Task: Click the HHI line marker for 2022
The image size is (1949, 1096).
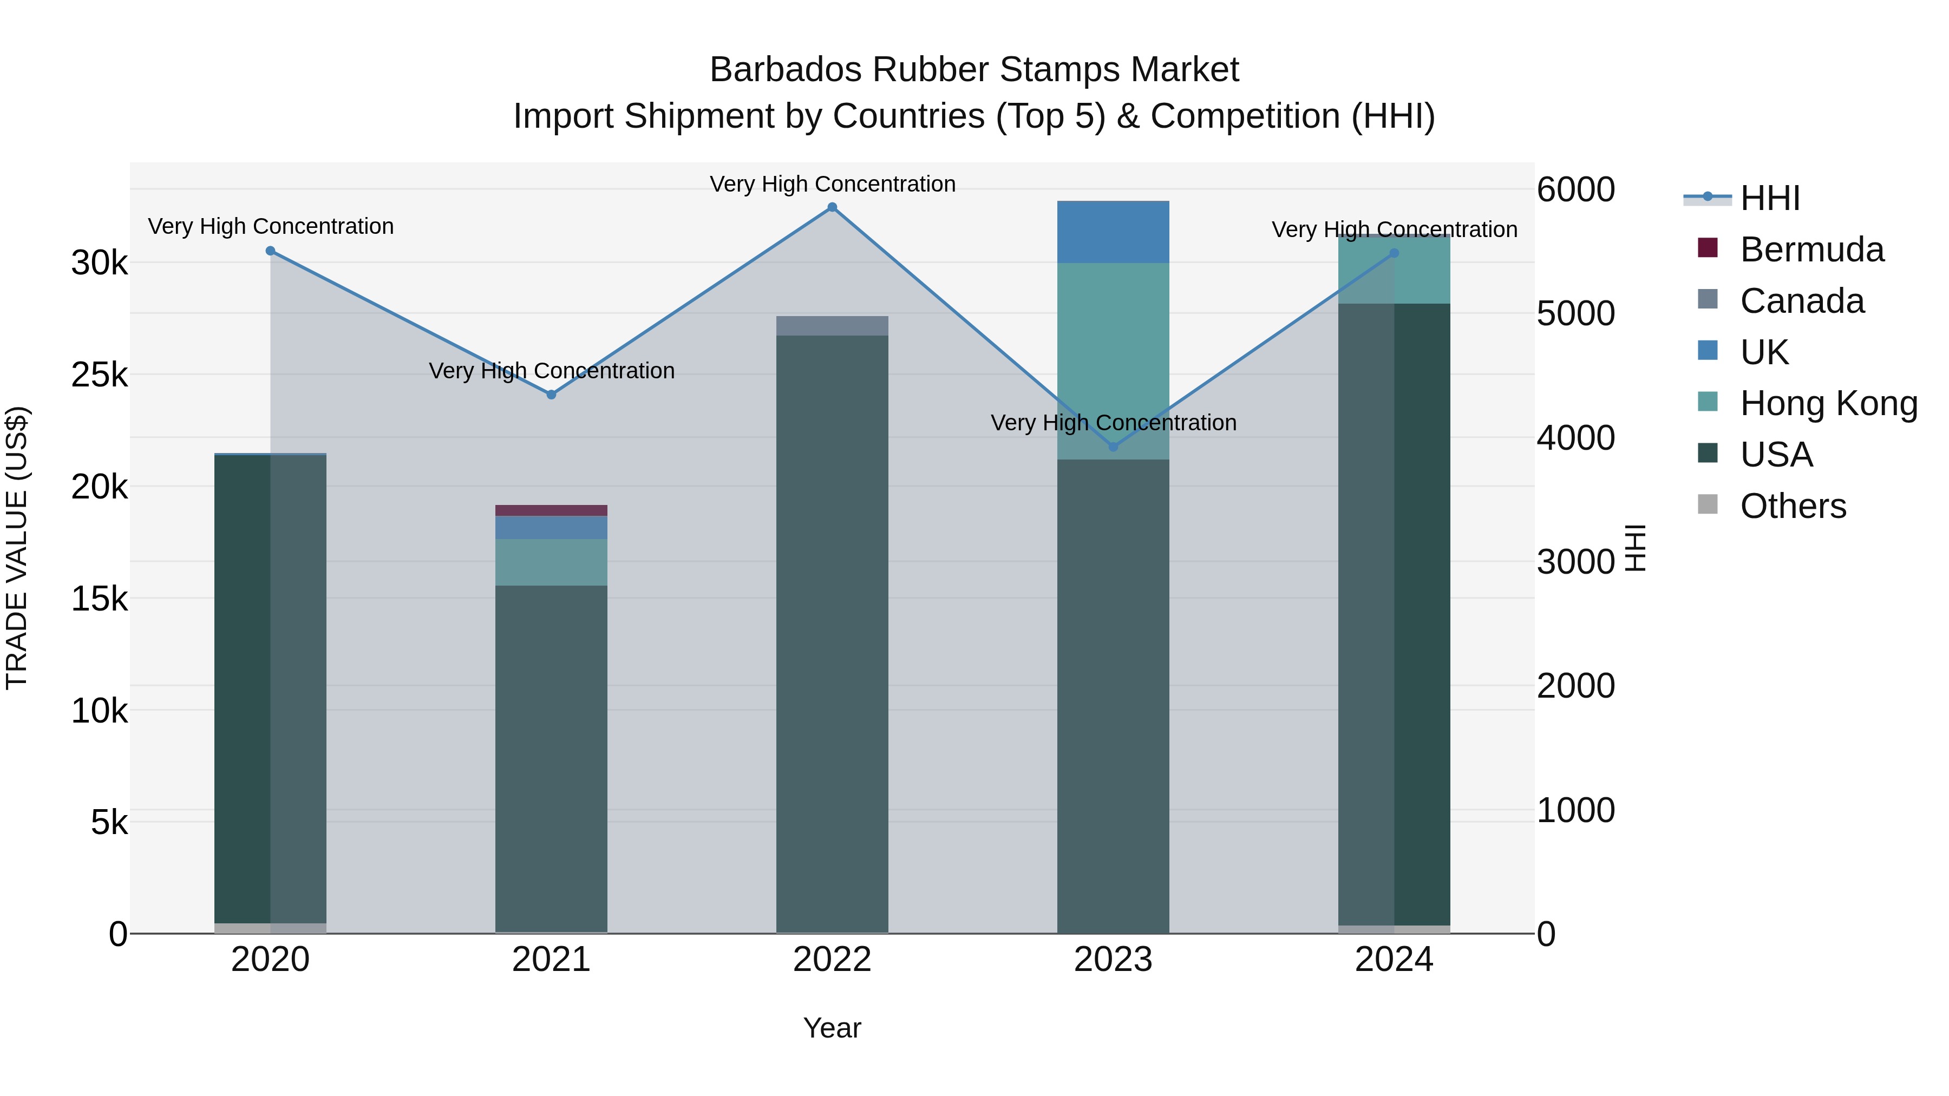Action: coord(832,207)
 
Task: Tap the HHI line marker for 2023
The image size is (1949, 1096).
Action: coord(1113,447)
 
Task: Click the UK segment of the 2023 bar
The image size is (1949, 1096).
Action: coord(1113,232)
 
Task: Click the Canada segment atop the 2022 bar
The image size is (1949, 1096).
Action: coord(832,326)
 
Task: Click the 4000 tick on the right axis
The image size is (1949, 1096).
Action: coord(1575,438)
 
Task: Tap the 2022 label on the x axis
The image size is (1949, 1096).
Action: coord(832,960)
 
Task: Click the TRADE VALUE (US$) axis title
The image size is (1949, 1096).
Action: coord(17,548)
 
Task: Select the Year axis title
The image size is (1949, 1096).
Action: coord(832,1028)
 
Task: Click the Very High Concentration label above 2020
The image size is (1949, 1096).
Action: coord(270,226)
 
